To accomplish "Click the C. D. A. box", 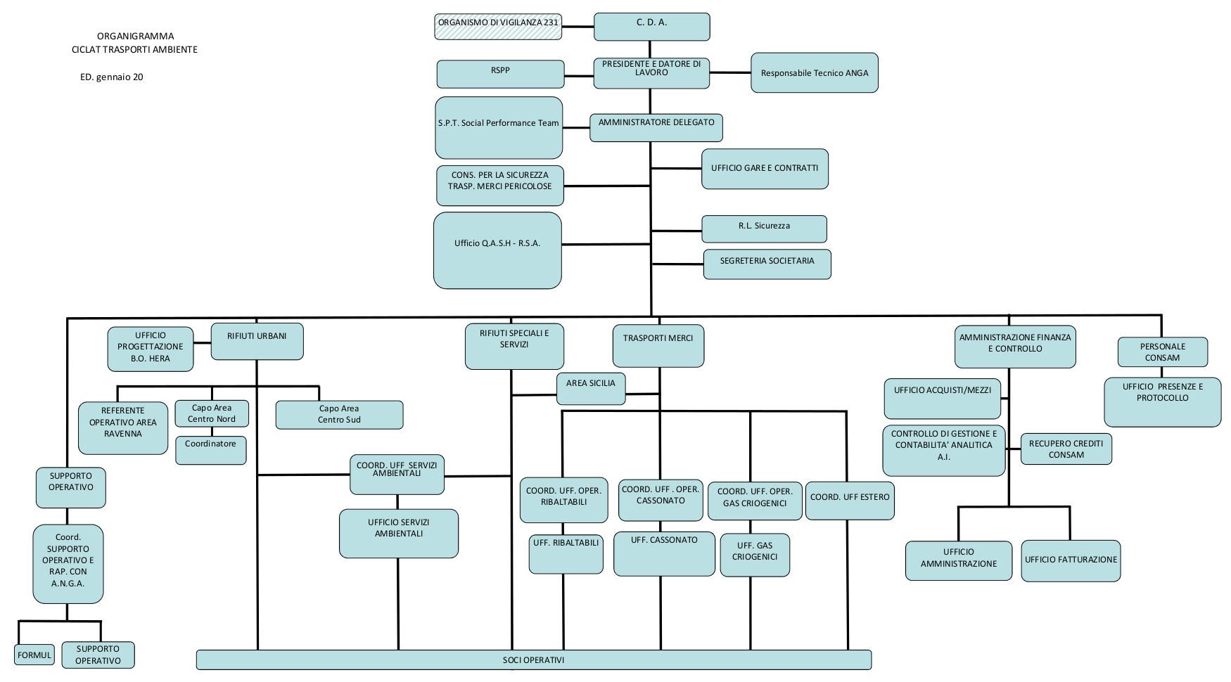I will [651, 27].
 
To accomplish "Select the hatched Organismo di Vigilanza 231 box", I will [498, 27].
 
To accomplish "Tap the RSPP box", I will [500, 74].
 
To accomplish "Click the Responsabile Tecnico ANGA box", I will [814, 73].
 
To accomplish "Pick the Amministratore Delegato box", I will [656, 127].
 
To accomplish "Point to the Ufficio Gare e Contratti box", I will [765, 169].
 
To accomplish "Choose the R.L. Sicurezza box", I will [764, 229].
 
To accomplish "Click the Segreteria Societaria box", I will [767, 264].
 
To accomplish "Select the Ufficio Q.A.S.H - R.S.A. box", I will [497, 250].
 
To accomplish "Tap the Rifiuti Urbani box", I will [257, 342].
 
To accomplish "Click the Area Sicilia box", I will [590, 388].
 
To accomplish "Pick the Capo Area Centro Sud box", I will [339, 415].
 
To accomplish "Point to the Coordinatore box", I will [210, 450].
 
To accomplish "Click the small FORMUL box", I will [34, 655].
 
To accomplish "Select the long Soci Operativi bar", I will [533, 660].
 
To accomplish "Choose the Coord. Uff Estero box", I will [850, 501].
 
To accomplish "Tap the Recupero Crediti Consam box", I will [1066, 449].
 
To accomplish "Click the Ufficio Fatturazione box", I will [1070, 560].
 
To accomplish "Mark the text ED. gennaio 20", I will [111, 77].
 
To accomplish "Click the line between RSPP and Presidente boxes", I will [579, 75].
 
